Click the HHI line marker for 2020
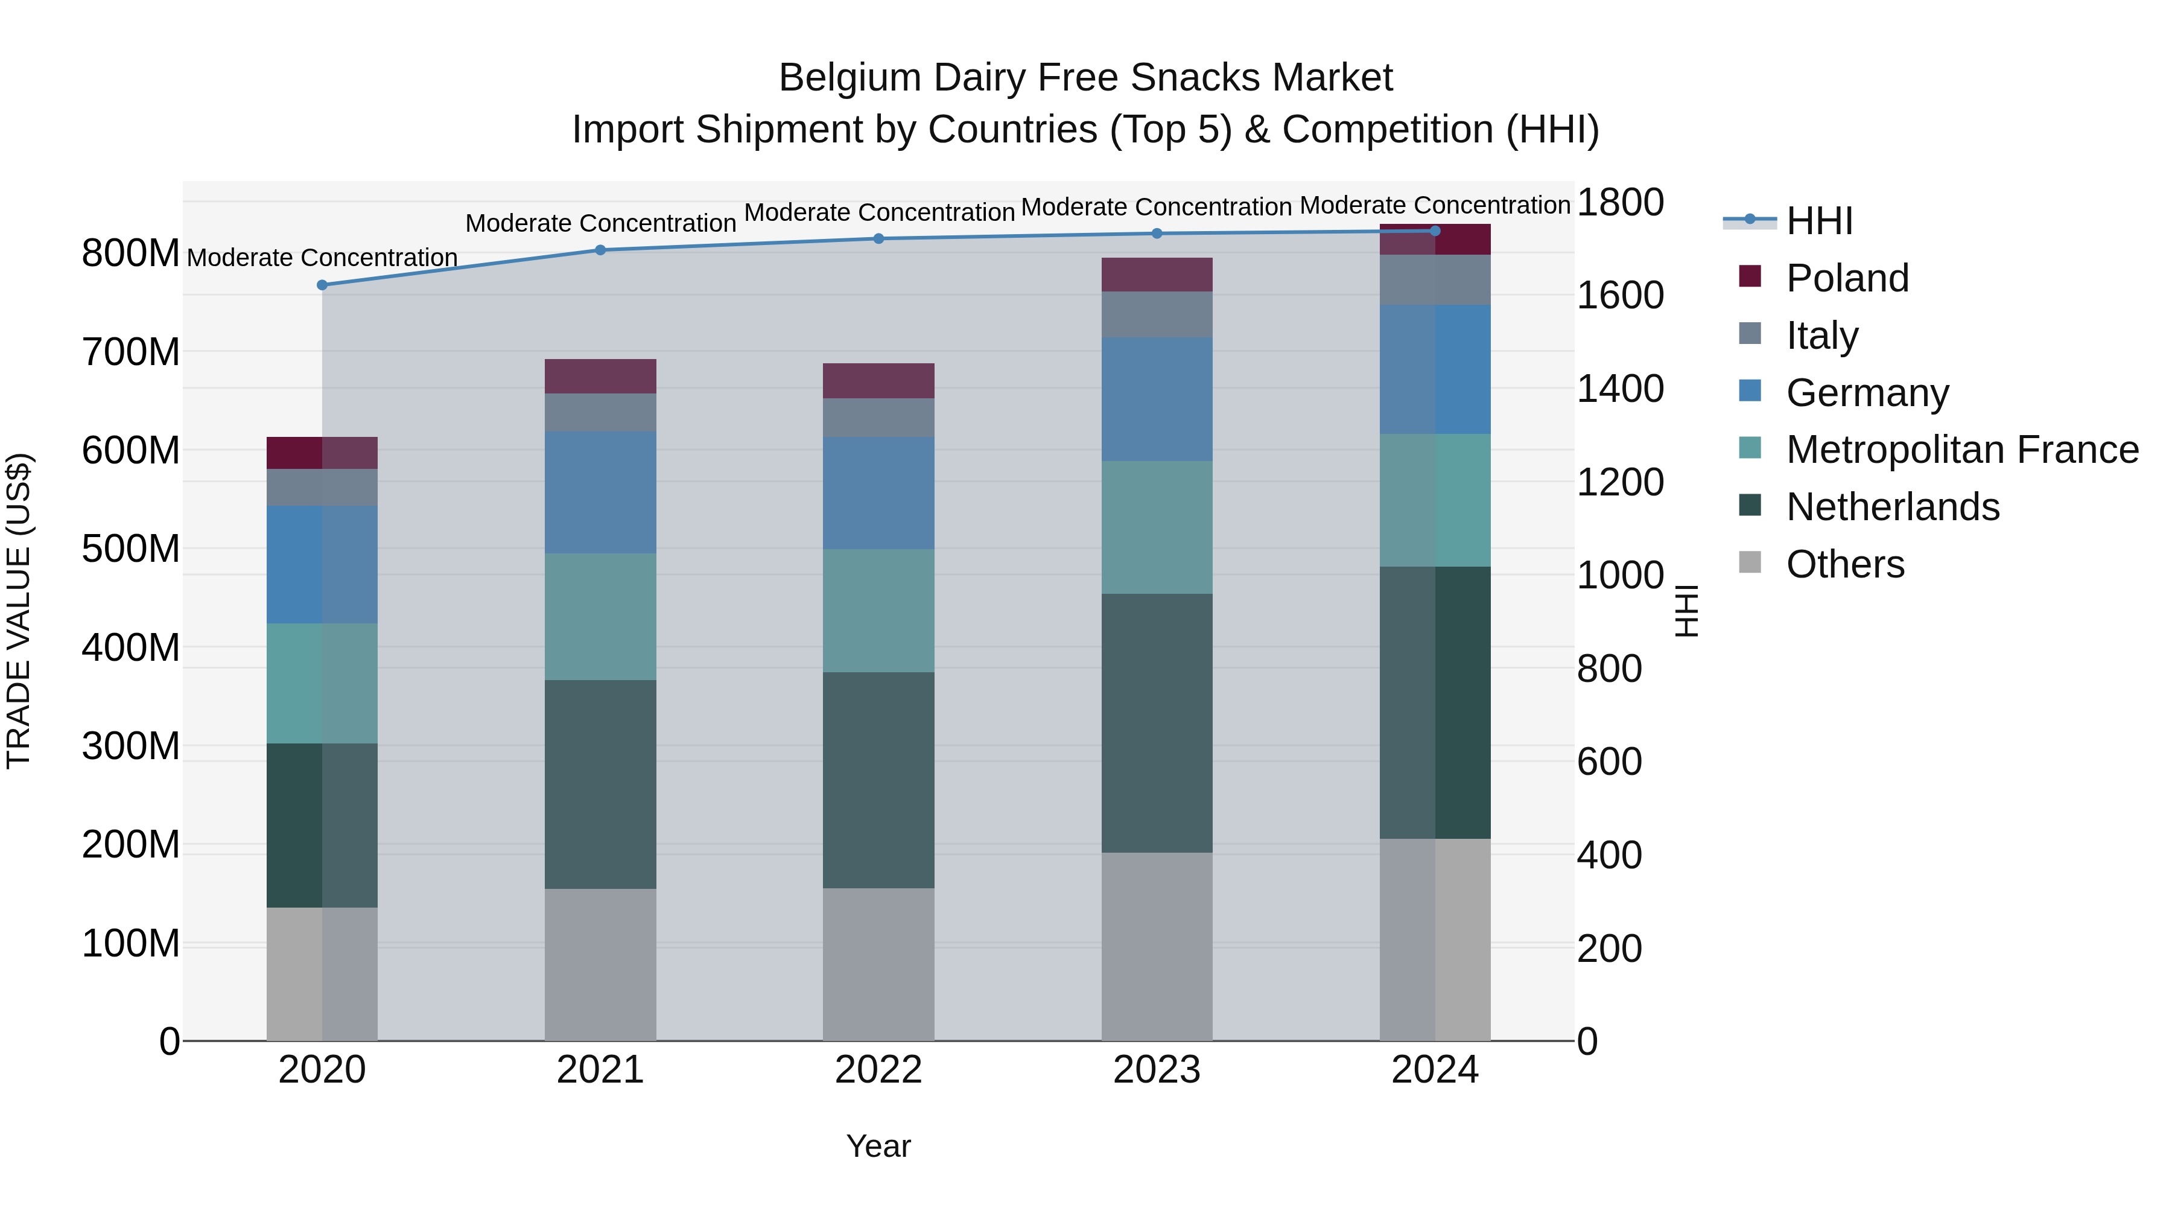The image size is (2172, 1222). click(x=322, y=285)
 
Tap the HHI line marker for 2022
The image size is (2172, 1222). click(x=878, y=238)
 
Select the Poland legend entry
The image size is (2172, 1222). click(x=1847, y=278)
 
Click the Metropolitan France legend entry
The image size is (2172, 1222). click(x=1961, y=450)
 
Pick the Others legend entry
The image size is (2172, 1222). click(x=1845, y=564)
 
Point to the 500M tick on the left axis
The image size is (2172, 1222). click(x=131, y=549)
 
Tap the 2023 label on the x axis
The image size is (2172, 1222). click(x=1156, y=1070)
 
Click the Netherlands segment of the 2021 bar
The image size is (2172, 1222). click(x=600, y=784)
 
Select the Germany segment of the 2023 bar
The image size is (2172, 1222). click(x=1156, y=399)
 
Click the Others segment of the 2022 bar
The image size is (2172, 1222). click(x=878, y=964)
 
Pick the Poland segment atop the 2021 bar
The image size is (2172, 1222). click(x=600, y=376)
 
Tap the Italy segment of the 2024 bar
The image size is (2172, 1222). click(x=1435, y=279)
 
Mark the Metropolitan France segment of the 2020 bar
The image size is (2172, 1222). click(x=322, y=683)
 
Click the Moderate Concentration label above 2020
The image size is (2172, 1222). click(x=322, y=257)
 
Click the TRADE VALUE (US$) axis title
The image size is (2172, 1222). click(x=19, y=611)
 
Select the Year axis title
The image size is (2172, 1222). click(x=878, y=1146)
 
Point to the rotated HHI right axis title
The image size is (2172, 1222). click(x=1686, y=611)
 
